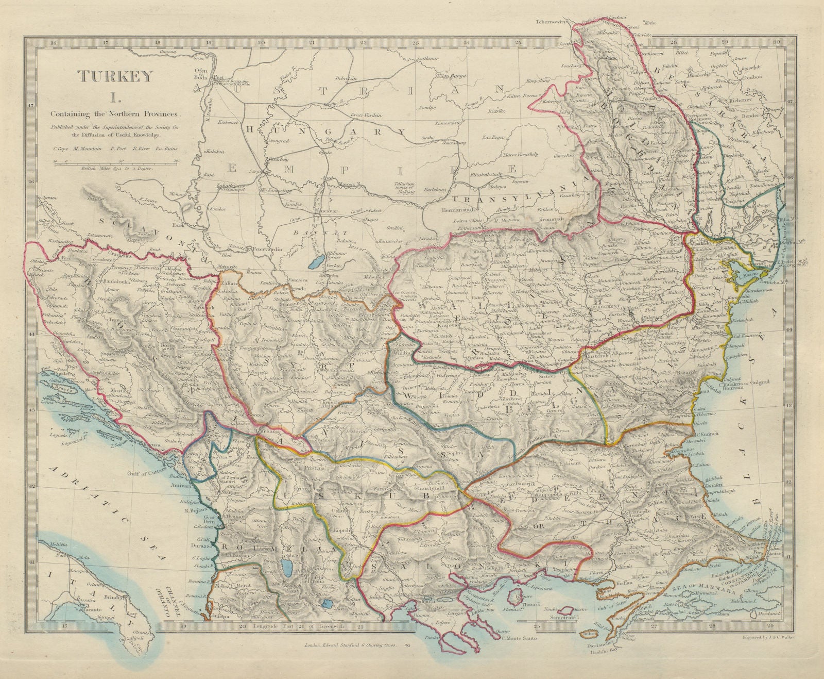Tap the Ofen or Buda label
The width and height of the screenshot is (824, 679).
click(x=199, y=75)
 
